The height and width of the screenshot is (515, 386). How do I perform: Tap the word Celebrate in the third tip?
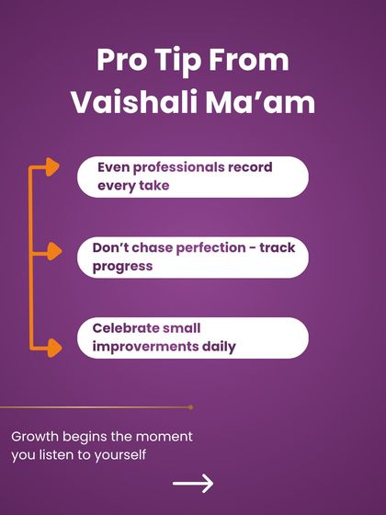(128, 328)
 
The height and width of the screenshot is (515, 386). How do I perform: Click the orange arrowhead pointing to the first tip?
(51, 167)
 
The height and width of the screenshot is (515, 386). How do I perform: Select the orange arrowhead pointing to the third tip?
(51, 348)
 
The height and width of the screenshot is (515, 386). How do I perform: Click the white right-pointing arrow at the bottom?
(193, 484)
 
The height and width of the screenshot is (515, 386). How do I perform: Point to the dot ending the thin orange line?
(190, 406)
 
